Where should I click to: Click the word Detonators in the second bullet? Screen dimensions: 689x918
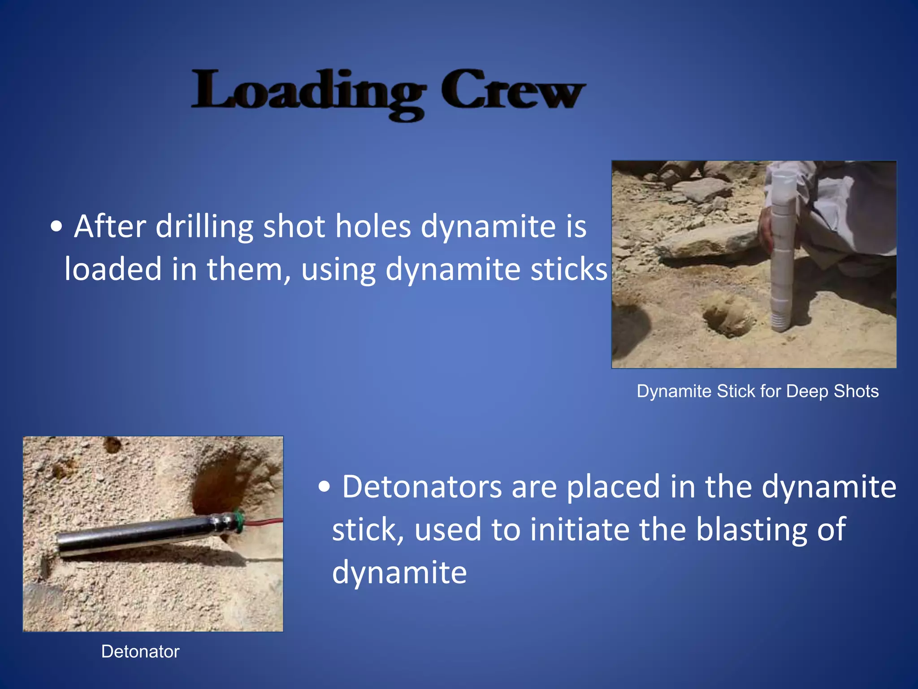click(422, 487)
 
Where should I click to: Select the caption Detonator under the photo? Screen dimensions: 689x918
click(140, 651)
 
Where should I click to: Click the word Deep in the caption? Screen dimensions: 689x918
click(807, 391)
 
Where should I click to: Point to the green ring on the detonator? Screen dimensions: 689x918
click(239, 520)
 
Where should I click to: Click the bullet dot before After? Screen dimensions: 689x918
click(56, 227)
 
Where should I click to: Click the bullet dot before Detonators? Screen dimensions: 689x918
click(324, 487)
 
